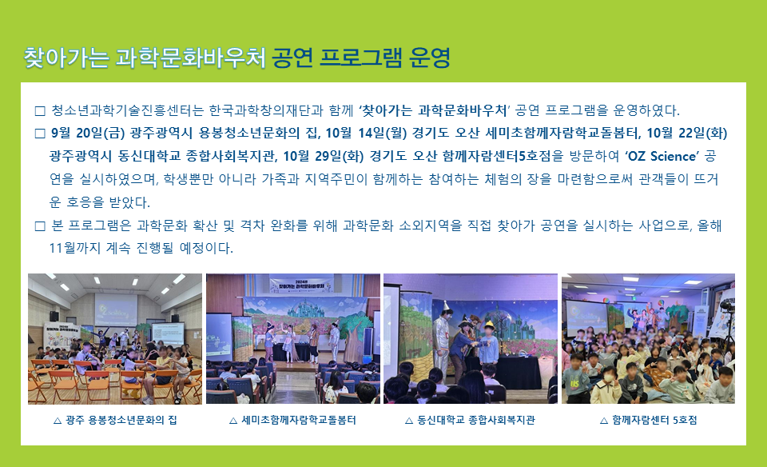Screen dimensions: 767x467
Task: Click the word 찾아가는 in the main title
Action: coord(66,58)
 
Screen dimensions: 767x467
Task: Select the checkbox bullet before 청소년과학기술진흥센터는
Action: coord(40,111)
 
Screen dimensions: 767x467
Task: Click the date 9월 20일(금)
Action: coord(88,134)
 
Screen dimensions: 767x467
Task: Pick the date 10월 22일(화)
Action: coord(687,134)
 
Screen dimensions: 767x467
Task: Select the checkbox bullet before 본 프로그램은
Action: coord(40,226)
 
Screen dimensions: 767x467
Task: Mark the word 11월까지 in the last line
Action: coord(75,248)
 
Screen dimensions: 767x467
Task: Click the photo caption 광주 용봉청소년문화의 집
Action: coord(121,420)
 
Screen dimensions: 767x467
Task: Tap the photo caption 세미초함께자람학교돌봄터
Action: coord(299,420)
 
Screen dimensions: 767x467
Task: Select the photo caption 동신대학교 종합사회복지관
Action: coord(476,420)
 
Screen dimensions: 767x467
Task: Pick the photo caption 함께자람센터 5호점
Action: coord(654,420)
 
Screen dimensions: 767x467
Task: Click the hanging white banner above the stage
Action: coord(301,285)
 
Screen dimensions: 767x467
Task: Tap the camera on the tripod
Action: coord(727,306)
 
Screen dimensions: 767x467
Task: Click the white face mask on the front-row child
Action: coord(609,377)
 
